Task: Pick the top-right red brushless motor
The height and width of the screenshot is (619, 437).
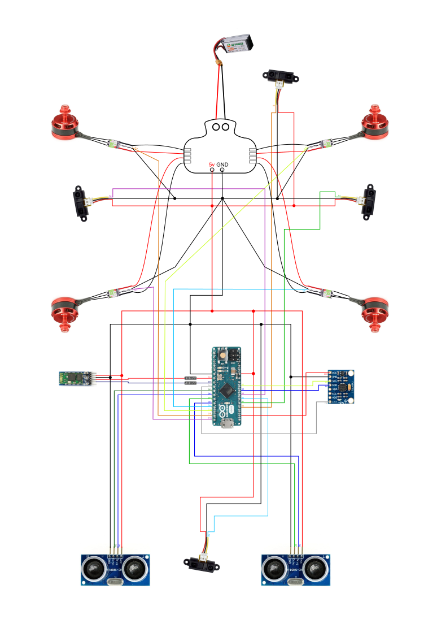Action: click(x=374, y=123)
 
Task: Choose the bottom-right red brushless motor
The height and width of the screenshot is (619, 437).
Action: click(x=374, y=313)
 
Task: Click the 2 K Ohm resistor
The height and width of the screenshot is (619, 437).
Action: click(x=190, y=378)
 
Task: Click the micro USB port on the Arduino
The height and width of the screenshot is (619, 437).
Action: click(x=227, y=426)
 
